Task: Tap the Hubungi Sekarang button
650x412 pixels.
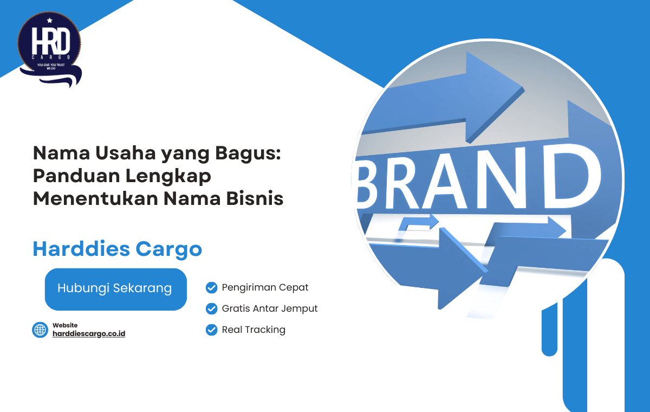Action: click(115, 288)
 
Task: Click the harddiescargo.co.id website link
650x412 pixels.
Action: click(89, 333)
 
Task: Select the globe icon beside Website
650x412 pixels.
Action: click(40, 330)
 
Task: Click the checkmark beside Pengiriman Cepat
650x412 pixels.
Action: click(212, 287)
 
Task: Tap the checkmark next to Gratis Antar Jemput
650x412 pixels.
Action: click(212, 308)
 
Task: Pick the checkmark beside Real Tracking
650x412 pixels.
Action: click(212, 330)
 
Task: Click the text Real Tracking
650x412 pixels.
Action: click(253, 330)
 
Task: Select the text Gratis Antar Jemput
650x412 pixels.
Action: click(270, 308)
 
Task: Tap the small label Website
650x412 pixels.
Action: click(65, 325)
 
